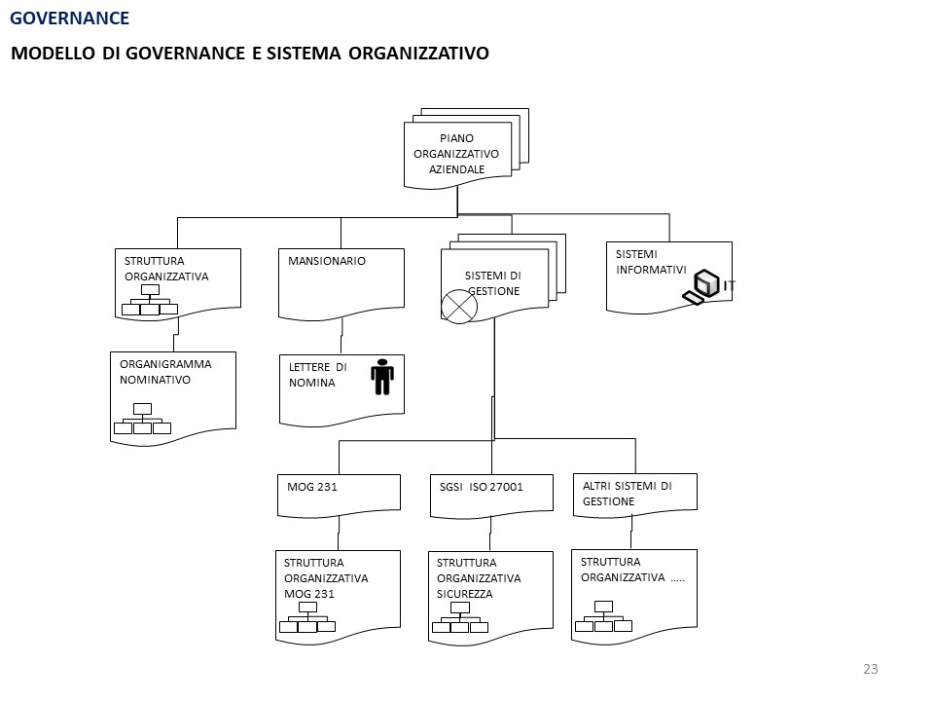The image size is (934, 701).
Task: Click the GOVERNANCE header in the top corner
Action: [69, 18]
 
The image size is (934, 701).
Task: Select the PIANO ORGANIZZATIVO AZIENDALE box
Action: [456, 154]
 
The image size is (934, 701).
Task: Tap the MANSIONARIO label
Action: [327, 261]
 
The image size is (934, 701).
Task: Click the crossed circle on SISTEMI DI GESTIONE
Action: [459, 307]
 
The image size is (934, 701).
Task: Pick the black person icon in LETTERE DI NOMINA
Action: [382, 377]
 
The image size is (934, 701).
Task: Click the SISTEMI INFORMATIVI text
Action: [651, 262]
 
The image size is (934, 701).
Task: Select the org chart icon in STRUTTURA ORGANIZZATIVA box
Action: [150, 302]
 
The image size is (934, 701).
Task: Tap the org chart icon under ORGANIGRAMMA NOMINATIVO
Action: [142, 420]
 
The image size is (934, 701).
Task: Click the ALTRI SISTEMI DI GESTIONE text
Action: [627, 493]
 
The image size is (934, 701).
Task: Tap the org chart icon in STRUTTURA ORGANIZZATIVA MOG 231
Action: [307, 618]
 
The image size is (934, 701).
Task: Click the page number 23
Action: [870, 669]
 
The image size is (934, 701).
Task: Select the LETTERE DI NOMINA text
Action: [317, 375]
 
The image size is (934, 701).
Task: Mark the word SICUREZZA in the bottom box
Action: [465, 593]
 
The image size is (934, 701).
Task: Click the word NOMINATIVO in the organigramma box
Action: [155, 380]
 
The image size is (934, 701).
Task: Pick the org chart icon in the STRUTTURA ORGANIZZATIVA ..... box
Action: [603, 617]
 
